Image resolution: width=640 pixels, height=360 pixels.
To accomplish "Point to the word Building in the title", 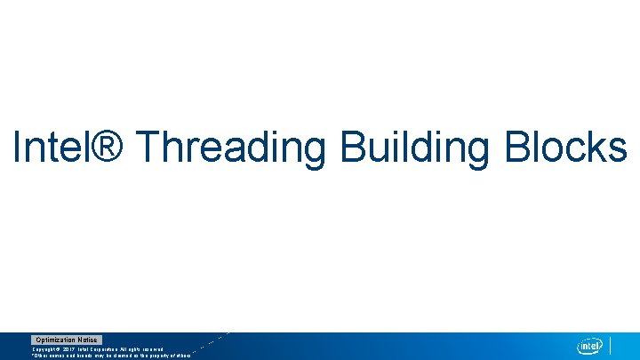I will click(414, 148).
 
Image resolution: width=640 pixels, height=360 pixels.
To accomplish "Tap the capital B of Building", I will click(353, 147).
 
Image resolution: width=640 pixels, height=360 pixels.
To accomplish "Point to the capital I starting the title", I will click(18, 147).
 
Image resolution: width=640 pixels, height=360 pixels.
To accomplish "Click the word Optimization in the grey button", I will click(55, 340).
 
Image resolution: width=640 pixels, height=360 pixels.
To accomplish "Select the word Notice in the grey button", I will click(87, 340).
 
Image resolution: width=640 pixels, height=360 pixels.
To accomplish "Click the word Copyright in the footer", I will click(46, 348).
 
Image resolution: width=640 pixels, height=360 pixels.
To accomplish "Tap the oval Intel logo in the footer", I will click(590, 346).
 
